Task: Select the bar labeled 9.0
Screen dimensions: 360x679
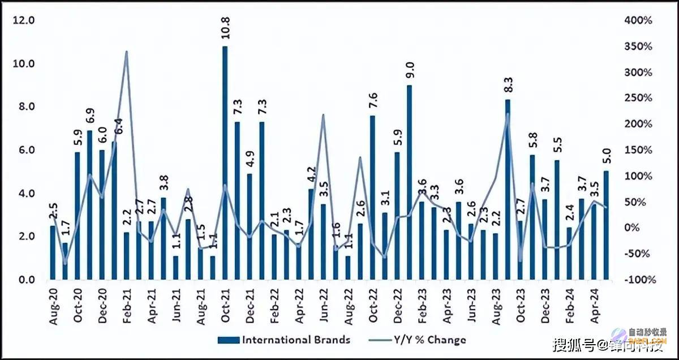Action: pos(410,182)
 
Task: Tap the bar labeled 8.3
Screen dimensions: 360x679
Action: pos(508,190)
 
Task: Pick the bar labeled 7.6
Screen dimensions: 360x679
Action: pos(372,198)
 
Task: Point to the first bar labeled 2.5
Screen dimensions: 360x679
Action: pos(53,252)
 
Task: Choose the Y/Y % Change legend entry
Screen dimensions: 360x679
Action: pos(422,340)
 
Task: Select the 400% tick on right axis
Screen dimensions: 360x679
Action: pos(638,20)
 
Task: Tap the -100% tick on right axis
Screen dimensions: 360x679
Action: pos(638,280)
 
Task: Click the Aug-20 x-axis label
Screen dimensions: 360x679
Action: pos(53,306)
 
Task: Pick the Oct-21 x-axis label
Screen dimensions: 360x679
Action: pos(225,306)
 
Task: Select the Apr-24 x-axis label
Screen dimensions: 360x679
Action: pos(594,306)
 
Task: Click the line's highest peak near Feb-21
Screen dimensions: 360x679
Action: pos(126,52)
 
